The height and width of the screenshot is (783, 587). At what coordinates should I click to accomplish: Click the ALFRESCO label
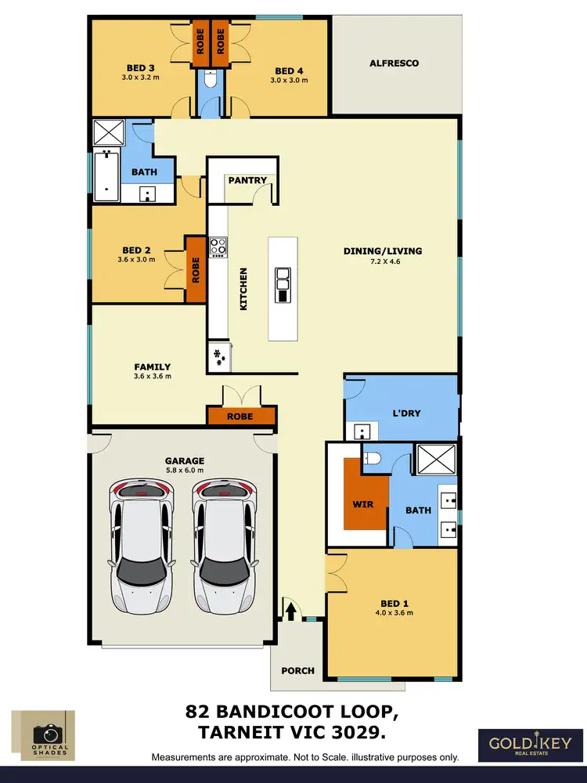coord(394,63)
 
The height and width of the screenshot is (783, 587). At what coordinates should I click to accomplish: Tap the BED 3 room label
coord(140,68)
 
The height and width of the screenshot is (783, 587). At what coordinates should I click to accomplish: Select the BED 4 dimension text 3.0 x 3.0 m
coord(289,80)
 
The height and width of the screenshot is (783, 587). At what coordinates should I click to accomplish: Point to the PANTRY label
coord(247,180)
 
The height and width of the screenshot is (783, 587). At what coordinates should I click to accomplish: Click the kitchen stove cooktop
coord(218,247)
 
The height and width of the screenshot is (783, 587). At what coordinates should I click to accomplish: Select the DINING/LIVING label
coord(383,251)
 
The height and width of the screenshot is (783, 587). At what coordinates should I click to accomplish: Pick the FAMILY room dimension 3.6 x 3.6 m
coord(152,377)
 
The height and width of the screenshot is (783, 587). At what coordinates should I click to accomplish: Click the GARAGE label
coord(184,460)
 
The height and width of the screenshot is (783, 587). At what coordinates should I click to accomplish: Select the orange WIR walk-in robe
coord(362,502)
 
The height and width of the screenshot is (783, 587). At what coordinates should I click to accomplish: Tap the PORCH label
coord(297,670)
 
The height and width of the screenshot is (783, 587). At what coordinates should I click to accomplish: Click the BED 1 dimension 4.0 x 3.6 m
coord(395,612)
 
